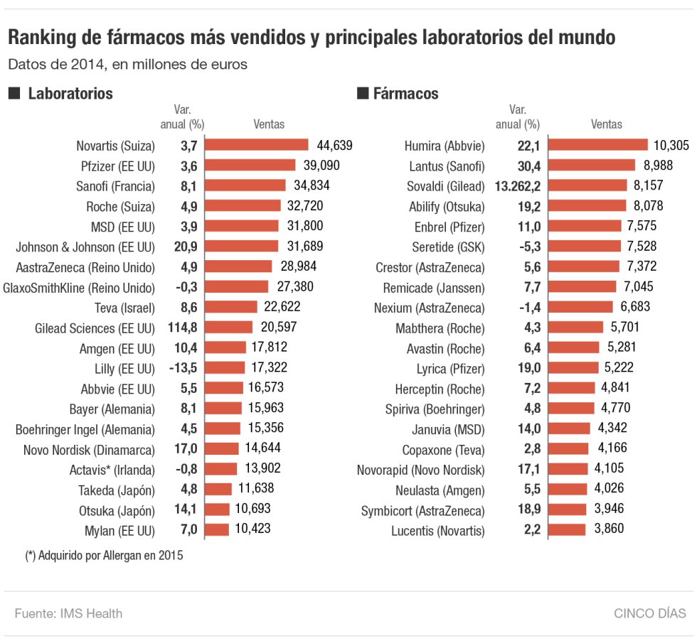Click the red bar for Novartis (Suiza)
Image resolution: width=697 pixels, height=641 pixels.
258,146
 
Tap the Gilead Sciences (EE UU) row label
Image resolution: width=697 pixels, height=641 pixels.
95,328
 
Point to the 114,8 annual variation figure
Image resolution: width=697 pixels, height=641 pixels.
188,328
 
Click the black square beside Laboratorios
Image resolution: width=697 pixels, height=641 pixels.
13,93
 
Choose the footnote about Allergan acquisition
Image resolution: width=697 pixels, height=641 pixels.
104,556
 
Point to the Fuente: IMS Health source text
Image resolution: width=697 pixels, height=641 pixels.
68,613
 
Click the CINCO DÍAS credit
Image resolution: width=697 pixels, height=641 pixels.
650,613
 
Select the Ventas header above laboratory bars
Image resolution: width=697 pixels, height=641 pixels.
269,124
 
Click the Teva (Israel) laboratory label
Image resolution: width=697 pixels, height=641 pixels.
121,308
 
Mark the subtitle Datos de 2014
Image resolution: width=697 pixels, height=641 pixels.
127,64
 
